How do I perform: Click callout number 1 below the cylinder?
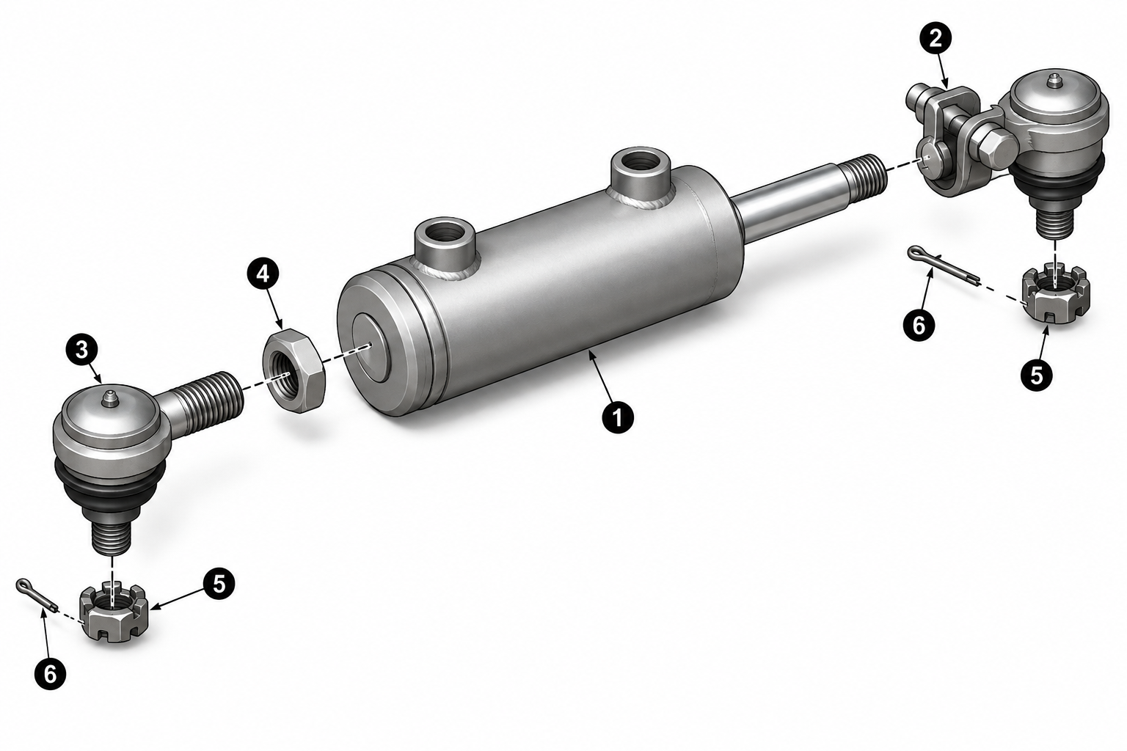[618, 417]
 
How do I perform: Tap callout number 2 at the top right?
[935, 40]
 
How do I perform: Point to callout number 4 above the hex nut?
[263, 274]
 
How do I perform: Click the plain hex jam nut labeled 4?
[294, 370]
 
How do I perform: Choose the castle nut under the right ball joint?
[1056, 296]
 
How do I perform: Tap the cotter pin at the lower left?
[37, 595]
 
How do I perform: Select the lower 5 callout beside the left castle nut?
[219, 585]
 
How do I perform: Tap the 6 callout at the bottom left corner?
[51, 673]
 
